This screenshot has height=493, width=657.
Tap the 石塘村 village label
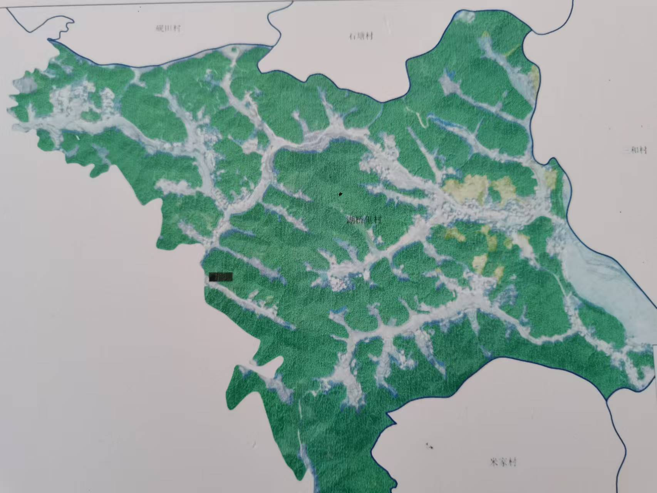pos(361,37)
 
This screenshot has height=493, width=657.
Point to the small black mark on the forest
pos(340,194)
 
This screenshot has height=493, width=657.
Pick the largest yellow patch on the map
pos(466,188)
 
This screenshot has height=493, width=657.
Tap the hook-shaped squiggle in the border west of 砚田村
pos(64,29)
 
